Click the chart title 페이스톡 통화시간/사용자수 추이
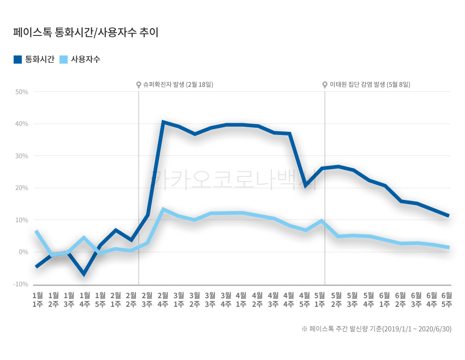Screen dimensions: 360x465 [x=86, y=33]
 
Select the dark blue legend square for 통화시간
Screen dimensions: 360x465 [x=18, y=59]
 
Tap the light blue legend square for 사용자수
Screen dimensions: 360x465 [x=64, y=59]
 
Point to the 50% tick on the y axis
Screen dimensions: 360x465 [x=22, y=92]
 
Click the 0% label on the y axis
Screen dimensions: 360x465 [x=23, y=252]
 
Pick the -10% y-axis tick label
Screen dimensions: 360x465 [x=21, y=284]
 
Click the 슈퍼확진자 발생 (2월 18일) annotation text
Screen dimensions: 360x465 [x=178, y=85]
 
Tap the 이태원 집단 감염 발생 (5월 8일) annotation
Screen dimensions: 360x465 [x=370, y=85]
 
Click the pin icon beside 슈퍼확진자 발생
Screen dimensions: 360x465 [x=139, y=85]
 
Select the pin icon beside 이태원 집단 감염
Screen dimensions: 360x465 [x=325, y=85]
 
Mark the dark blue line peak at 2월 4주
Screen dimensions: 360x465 [x=163, y=122]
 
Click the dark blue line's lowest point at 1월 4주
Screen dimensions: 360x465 [x=84, y=274]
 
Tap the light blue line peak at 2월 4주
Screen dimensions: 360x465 [x=163, y=209]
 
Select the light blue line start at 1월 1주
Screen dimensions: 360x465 [x=36, y=231]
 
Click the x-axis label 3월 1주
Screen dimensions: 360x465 [x=179, y=300]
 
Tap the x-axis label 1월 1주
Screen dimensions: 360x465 [x=38, y=300]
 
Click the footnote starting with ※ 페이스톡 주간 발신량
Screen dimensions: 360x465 [x=376, y=329]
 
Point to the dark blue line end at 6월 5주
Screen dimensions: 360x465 [x=448, y=216]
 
